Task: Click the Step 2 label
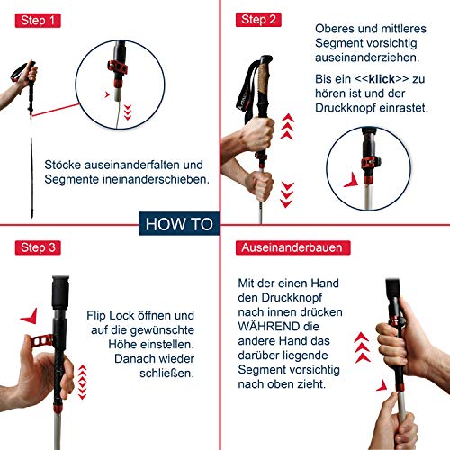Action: [x=260, y=19]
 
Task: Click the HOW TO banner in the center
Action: [x=177, y=224]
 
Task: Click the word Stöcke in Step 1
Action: [x=65, y=165]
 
